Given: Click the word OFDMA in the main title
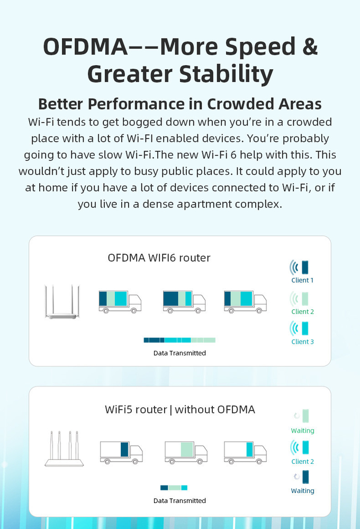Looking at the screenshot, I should [85, 47].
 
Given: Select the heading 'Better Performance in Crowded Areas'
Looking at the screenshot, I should [180, 103].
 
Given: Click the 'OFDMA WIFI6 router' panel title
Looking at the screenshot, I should [159, 258].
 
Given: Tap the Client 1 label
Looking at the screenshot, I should [302, 280].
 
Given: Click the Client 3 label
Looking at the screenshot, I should [302, 342].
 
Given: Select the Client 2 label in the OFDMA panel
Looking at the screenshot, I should [302, 311].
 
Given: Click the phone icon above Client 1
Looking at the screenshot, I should [304, 266].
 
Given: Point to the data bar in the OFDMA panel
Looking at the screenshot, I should [179, 340].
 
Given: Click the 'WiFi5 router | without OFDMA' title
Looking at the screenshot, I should [179, 409].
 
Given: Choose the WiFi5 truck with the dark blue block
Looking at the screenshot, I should [121, 451].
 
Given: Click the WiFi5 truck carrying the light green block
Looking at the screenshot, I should [185, 451].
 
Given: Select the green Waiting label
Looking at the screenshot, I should [302, 431].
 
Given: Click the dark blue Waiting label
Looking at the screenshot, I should [302, 491].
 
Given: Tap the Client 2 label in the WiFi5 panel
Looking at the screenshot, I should [302, 461].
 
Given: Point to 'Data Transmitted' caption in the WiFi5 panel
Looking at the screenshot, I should [179, 500].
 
